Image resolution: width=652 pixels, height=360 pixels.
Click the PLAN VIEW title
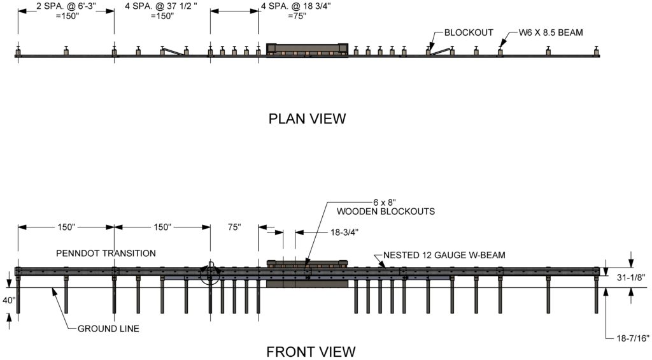click(x=307, y=119)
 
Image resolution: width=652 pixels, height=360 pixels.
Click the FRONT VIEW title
click(x=311, y=352)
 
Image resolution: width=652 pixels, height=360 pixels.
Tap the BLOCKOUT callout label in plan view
click(x=469, y=32)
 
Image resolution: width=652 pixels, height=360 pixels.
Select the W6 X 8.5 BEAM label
click(x=551, y=32)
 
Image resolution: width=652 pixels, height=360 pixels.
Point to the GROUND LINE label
click(x=108, y=328)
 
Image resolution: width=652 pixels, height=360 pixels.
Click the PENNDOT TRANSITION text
click(x=106, y=253)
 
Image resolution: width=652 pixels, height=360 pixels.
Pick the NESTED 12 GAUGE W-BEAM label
click(x=444, y=255)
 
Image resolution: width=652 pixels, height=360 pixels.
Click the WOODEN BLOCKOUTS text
click(x=386, y=212)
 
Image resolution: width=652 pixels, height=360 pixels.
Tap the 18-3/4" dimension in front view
click(x=344, y=232)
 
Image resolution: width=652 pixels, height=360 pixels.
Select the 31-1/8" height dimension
click(x=631, y=277)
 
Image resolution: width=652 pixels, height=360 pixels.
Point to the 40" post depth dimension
click(x=8, y=299)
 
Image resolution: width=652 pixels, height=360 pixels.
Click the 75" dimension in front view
click(x=234, y=227)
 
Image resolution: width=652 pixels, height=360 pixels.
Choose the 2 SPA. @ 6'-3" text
click(x=66, y=6)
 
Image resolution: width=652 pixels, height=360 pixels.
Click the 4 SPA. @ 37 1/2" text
click(x=161, y=6)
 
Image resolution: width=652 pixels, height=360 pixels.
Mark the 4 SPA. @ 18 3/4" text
click(x=296, y=6)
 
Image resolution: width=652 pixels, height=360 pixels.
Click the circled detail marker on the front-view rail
click(x=210, y=273)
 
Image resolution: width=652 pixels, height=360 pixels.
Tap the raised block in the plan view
click(x=307, y=49)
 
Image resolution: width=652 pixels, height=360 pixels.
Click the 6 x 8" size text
click(x=383, y=202)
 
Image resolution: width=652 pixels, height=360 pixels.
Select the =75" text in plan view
click(x=297, y=16)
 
